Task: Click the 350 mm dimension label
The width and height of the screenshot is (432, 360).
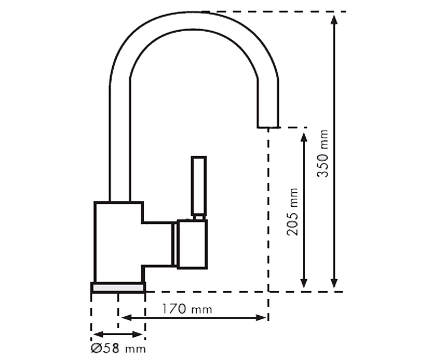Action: pyautogui.click(x=322, y=153)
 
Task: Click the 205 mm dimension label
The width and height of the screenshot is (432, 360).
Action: pyautogui.click(x=292, y=212)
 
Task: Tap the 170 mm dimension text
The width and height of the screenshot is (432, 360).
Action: pyautogui.click(x=187, y=309)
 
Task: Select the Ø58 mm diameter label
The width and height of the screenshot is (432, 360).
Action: pyautogui.click(x=118, y=348)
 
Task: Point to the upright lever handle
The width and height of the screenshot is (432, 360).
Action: pyautogui.click(x=199, y=186)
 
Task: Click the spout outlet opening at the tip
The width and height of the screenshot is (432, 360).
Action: pyautogui.click(x=268, y=127)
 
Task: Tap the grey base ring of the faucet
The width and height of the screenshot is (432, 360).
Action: pyautogui.click(x=118, y=288)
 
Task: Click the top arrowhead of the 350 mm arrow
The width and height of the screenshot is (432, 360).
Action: pyautogui.click(x=334, y=20)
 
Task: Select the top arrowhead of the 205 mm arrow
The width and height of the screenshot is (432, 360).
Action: pyautogui.click(x=304, y=138)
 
